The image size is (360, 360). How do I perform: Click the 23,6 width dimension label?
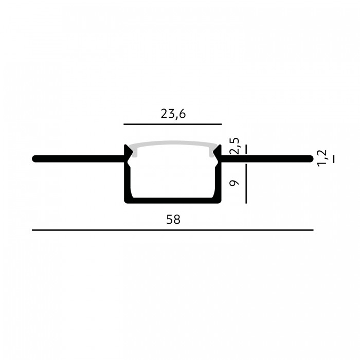tap(173, 114)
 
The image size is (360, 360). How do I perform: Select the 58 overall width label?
tap(173, 220)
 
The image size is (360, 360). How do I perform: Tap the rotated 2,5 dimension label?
tap(235, 146)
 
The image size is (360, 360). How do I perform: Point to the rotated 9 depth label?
tap(235, 183)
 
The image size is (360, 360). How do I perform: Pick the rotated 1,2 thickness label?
tap(321, 158)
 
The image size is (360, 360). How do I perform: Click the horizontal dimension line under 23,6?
tap(173, 124)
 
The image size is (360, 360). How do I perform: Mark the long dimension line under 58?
tap(173, 230)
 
